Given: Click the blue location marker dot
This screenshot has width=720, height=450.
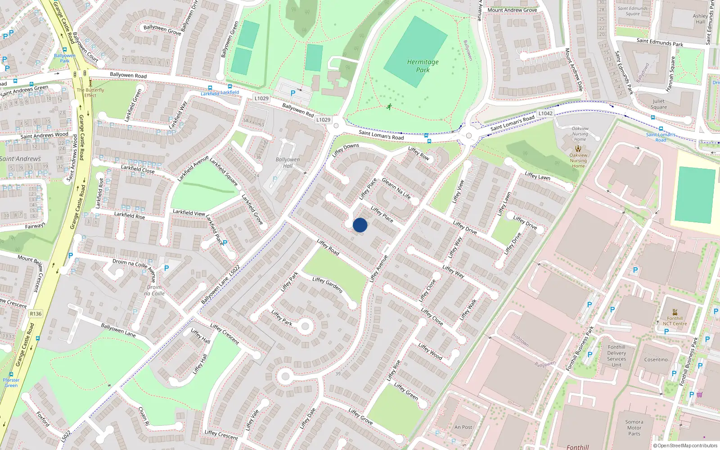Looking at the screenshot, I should (360, 225).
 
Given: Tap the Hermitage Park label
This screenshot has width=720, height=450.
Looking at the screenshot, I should (423, 66).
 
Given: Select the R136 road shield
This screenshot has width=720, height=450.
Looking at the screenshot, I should (36, 314).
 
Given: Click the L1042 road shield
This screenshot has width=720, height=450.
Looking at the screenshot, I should (545, 113).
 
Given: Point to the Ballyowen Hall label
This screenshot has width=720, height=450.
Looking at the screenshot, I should (288, 162).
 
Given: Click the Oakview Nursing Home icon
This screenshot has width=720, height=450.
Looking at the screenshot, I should (578, 148).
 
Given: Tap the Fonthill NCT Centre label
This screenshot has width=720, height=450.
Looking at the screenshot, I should (675, 321).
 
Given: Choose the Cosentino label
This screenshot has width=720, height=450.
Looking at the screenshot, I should (656, 360).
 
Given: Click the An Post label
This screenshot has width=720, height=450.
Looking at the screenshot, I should (463, 427).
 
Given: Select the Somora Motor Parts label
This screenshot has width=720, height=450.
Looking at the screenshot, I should (634, 428).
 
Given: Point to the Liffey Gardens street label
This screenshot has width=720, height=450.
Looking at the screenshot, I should (328, 285).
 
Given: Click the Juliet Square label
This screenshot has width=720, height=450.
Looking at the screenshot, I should (659, 104).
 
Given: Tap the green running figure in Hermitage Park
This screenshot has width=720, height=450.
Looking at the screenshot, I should (389, 107).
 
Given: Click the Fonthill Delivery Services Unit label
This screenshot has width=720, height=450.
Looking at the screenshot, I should (616, 356).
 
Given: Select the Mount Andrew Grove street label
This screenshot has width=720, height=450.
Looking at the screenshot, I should (512, 10).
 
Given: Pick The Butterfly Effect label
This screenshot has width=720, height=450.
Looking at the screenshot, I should (90, 92).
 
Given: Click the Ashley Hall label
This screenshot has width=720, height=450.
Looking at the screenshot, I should (700, 18).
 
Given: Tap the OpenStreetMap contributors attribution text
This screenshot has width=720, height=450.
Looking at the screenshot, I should (685, 446).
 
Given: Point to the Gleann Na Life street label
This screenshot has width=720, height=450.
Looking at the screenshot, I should (396, 188).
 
